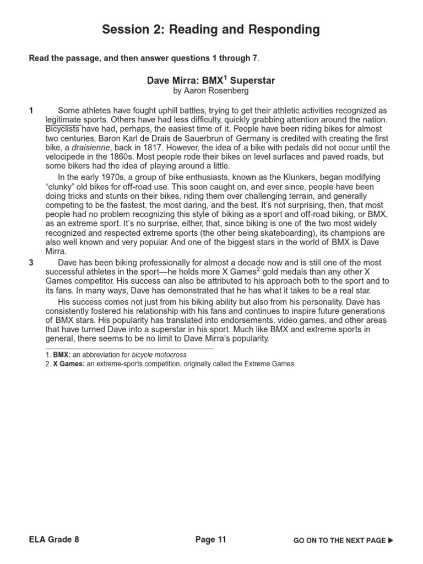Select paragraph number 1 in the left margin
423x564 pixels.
tap(31, 111)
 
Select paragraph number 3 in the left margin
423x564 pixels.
tap(31, 263)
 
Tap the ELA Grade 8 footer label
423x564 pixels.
tap(54, 540)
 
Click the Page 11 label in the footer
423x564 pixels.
tap(211, 540)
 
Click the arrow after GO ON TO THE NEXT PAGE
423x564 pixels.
tap(391, 541)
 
